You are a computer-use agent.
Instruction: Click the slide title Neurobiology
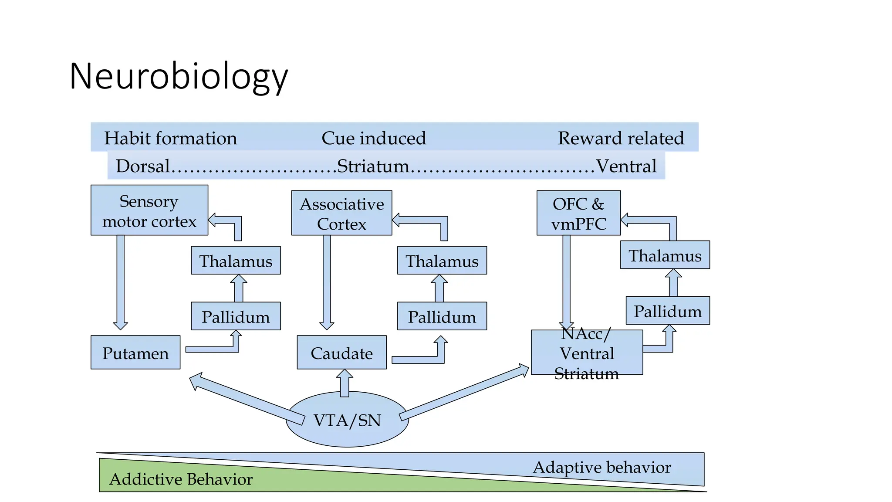tap(179, 77)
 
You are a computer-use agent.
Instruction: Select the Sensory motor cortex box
tap(149, 210)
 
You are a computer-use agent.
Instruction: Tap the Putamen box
tap(135, 353)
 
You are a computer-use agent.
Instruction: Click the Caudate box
tap(341, 353)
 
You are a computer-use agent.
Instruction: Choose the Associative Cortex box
tap(341, 213)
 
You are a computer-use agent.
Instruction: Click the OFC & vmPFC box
tap(578, 213)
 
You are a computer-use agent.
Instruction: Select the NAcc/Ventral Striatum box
tap(586, 353)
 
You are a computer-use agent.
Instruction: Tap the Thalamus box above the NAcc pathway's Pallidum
tap(665, 255)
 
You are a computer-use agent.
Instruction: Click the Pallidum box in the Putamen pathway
tap(236, 316)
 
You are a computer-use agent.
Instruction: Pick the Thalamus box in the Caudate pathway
tap(442, 261)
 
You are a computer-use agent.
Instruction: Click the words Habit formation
tap(170, 138)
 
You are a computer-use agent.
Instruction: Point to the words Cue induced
tap(374, 138)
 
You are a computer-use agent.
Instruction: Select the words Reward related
tap(621, 138)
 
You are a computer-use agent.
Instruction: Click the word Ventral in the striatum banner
tap(626, 166)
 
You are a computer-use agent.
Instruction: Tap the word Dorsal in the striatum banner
tap(142, 166)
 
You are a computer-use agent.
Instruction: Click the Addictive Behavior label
tap(181, 479)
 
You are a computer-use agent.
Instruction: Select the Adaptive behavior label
tap(601, 467)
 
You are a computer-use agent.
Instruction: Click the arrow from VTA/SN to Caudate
tap(345, 383)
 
